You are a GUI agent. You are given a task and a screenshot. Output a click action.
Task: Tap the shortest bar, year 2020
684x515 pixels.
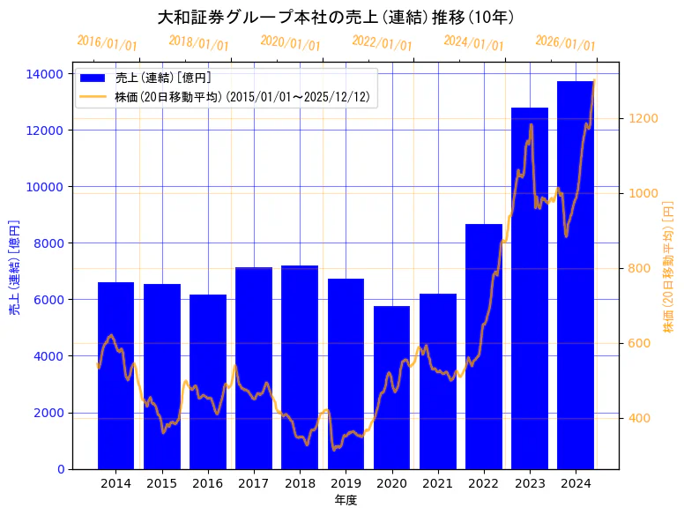(391, 387)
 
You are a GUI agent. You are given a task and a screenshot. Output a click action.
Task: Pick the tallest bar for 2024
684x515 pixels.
(576, 274)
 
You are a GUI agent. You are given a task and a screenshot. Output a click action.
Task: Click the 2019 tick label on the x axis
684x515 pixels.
(346, 483)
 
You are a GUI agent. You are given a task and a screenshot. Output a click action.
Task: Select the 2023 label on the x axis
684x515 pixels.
(530, 483)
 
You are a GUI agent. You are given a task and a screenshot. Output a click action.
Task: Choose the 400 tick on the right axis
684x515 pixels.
(639, 418)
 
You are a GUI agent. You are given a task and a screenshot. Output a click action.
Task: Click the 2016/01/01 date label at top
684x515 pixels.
(108, 43)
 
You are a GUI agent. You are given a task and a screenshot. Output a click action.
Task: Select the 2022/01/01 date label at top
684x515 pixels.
(383, 43)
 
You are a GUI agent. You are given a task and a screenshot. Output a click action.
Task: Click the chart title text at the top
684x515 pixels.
(336, 17)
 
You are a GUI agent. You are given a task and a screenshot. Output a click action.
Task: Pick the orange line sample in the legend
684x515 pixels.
(93, 96)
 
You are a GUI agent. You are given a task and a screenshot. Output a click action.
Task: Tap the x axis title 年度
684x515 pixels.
(346, 500)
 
